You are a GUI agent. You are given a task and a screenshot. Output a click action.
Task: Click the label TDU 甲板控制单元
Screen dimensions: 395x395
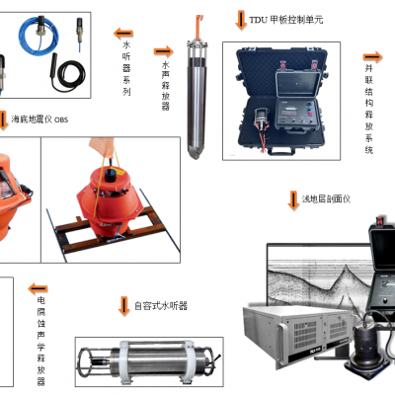click(x=286, y=20)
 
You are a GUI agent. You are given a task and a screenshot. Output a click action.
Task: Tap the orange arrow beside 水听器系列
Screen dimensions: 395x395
click(x=123, y=34)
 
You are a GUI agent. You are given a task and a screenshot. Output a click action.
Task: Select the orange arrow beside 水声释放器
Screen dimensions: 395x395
click(x=163, y=51)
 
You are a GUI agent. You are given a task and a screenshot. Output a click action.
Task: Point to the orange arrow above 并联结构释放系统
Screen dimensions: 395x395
click(x=372, y=57)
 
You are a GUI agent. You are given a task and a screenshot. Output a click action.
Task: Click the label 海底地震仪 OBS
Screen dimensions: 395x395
click(x=39, y=119)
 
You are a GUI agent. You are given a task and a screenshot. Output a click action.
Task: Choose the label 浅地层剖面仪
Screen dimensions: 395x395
click(x=326, y=199)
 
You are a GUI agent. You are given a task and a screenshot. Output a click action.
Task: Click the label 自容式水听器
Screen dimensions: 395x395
click(x=161, y=306)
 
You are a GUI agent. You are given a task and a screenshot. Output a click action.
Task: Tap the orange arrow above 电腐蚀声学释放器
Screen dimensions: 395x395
click(x=38, y=289)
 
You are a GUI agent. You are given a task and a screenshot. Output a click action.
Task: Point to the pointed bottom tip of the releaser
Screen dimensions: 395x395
click(x=196, y=156)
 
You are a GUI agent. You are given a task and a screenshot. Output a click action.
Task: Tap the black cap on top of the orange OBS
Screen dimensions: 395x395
click(x=112, y=174)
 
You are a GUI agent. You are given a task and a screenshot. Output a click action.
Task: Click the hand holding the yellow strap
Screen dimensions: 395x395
click(x=103, y=147)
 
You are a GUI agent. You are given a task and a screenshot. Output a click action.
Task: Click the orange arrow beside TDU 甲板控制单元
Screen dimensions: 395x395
click(x=241, y=20)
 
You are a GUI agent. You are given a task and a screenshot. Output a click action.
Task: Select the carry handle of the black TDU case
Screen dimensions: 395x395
click(x=280, y=152)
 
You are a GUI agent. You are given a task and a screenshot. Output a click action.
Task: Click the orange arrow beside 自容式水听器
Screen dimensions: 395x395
click(x=124, y=306)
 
